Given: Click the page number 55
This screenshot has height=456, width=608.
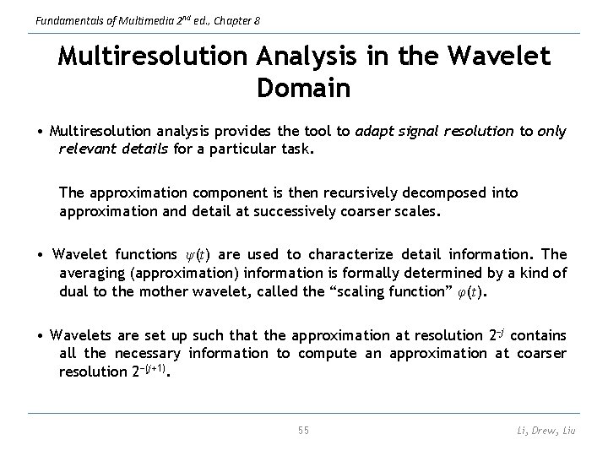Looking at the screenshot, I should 303,431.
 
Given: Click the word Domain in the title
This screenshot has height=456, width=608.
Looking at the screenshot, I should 303,88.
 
